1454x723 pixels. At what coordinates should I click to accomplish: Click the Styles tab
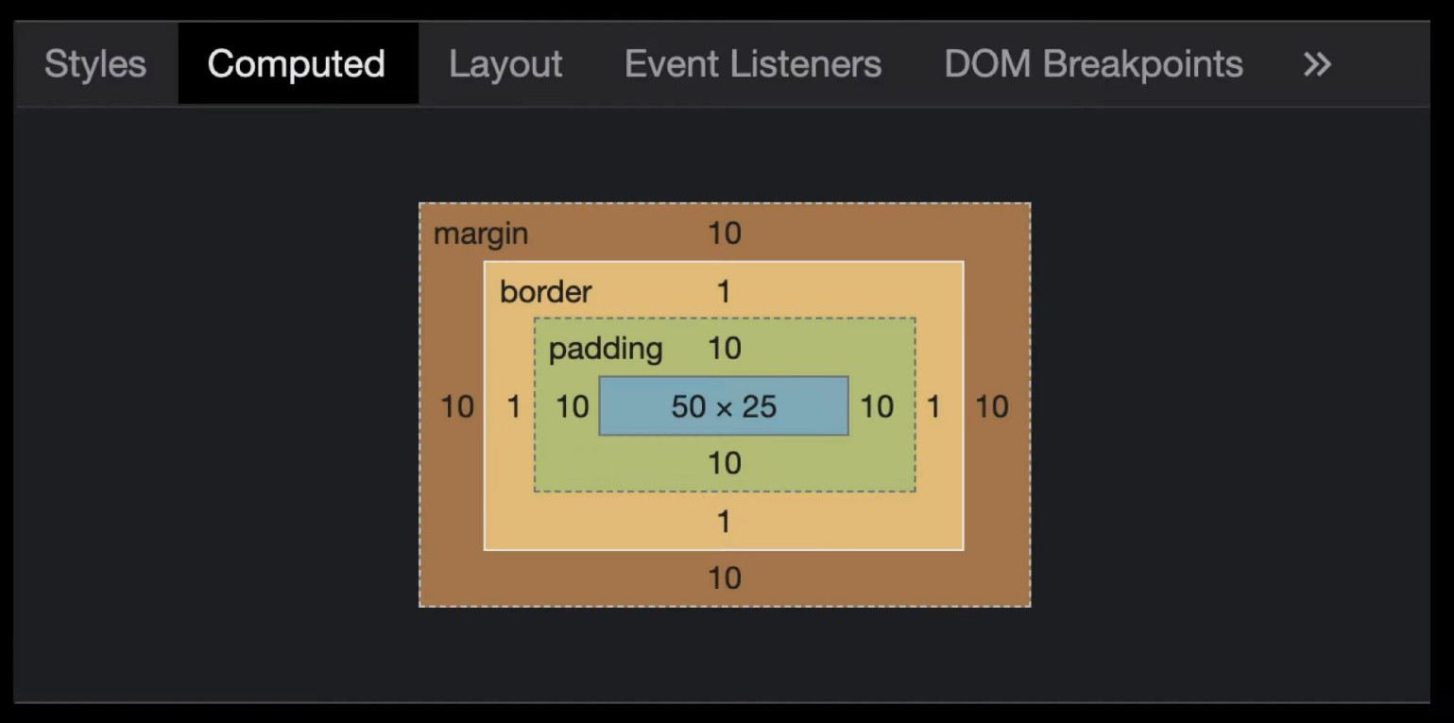pyautogui.click(x=95, y=63)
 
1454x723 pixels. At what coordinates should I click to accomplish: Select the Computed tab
pyautogui.click(x=297, y=63)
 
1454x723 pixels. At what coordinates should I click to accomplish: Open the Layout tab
pyautogui.click(x=505, y=63)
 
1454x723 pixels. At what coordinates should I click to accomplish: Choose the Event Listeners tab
pyautogui.click(x=753, y=63)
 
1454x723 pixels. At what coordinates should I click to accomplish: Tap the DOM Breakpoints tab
pyautogui.click(x=1093, y=63)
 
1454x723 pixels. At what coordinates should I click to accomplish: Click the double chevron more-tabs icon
pyautogui.click(x=1317, y=64)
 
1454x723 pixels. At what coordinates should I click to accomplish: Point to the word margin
pyautogui.click(x=480, y=233)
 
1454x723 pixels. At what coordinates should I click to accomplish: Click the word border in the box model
pyautogui.click(x=545, y=292)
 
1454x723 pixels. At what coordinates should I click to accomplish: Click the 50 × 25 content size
pyautogui.click(x=724, y=406)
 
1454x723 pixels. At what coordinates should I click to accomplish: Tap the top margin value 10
pyautogui.click(x=725, y=233)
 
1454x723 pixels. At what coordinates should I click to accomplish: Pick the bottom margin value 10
pyautogui.click(x=725, y=578)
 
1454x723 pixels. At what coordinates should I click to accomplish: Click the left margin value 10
pyautogui.click(x=457, y=406)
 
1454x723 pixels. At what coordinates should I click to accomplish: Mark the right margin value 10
pyautogui.click(x=992, y=406)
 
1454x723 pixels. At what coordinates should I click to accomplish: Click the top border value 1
pyautogui.click(x=724, y=292)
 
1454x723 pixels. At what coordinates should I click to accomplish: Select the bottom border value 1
pyautogui.click(x=724, y=522)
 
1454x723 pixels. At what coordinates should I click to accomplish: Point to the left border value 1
pyautogui.click(x=513, y=406)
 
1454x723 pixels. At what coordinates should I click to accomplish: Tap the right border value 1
pyautogui.click(x=933, y=406)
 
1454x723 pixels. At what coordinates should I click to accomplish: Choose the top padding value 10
pyautogui.click(x=725, y=348)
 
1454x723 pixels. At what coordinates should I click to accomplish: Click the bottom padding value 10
pyautogui.click(x=725, y=463)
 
